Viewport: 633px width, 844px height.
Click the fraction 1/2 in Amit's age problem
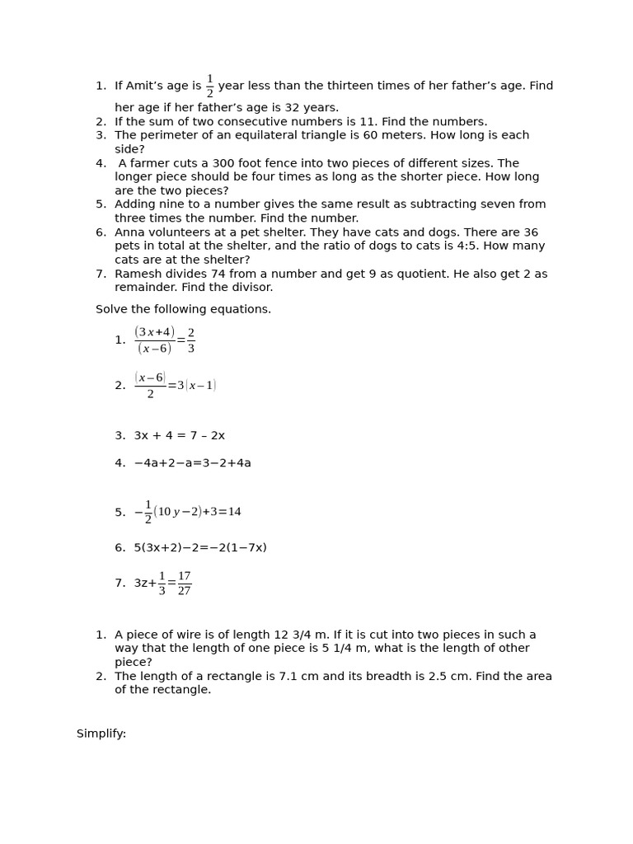point(209,87)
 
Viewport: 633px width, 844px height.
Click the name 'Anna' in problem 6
point(130,232)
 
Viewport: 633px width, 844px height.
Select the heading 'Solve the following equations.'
point(183,309)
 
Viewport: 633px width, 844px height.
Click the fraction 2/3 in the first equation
point(191,340)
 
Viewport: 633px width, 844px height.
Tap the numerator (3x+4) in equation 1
point(154,332)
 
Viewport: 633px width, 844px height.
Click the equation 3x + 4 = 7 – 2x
point(179,435)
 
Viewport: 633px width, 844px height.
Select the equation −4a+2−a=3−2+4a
point(192,463)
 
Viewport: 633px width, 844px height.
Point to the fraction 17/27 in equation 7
point(184,584)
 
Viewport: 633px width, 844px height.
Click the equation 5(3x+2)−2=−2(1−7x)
point(200,547)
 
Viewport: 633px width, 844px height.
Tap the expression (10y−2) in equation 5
point(177,512)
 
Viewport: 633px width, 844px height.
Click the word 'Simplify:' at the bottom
point(101,734)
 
